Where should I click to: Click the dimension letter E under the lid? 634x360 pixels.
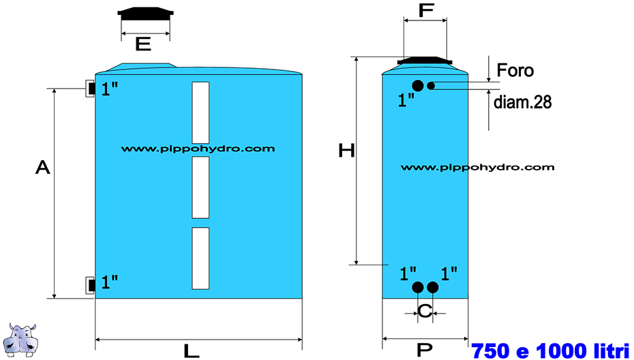pyautogui.click(x=143, y=44)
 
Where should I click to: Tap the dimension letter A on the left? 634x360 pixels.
pyautogui.click(x=43, y=166)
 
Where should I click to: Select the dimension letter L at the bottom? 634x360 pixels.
pyautogui.click(x=192, y=350)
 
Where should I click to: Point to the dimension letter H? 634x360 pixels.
pyautogui.click(x=346, y=151)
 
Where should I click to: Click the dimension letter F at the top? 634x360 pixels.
pyautogui.click(x=426, y=10)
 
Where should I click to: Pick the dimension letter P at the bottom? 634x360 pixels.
pyautogui.click(x=425, y=350)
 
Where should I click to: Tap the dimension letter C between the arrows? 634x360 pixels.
pyautogui.click(x=425, y=312)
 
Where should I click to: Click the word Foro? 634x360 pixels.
pyautogui.click(x=515, y=70)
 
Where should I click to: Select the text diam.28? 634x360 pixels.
pyautogui.click(x=522, y=102)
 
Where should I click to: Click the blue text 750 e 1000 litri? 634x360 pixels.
pyautogui.click(x=551, y=350)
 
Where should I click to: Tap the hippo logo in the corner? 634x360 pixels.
pyautogui.click(x=23, y=340)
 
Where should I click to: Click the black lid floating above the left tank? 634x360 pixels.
pyautogui.click(x=146, y=14)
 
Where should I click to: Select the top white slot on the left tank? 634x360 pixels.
pyautogui.click(x=200, y=112)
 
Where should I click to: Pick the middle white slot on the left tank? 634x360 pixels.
pyautogui.click(x=200, y=187)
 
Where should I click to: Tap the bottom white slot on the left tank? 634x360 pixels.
pyautogui.click(x=200, y=258)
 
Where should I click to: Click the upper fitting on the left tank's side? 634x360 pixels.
pyautogui.click(x=90, y=88)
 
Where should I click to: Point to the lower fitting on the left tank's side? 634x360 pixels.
pyautogui.click(x=90, y=285)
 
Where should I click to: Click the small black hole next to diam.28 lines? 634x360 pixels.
pyautogui.click(x=431, y=85)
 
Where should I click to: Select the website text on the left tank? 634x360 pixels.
pyautogui.click(x=198, y=149)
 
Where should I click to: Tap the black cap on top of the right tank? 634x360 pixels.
pyautogui.click(x=425, y=61)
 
